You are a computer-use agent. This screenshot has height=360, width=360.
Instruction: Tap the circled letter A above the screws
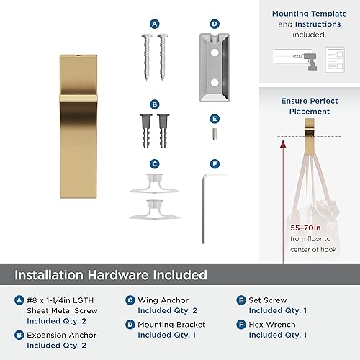tap(154, 24)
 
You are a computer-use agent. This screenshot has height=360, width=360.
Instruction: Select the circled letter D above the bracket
tap(215, 24)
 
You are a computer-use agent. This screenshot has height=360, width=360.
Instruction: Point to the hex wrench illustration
tap(212, 209)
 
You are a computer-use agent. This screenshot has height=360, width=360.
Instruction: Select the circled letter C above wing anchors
tap(154, 163)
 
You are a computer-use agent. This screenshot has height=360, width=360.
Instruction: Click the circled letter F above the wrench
tap(215, 163)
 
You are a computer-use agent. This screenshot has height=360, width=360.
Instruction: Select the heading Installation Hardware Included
tap(112, 275)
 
